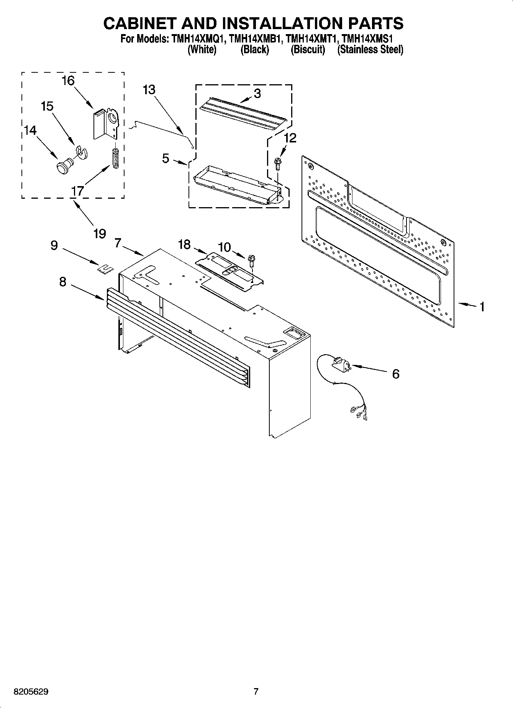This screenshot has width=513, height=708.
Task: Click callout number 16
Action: point(68,81)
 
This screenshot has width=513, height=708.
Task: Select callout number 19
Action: point(100,234)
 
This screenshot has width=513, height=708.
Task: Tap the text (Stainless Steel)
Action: point(370,50)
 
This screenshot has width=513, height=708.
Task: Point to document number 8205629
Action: point(31,692)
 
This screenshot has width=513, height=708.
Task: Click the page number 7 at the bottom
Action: point(256,692)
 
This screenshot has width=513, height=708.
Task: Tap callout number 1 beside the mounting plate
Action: point(482,306)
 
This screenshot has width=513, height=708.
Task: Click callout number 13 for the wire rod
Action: point(149,90)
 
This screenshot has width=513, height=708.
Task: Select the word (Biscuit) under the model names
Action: point(308,50)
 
